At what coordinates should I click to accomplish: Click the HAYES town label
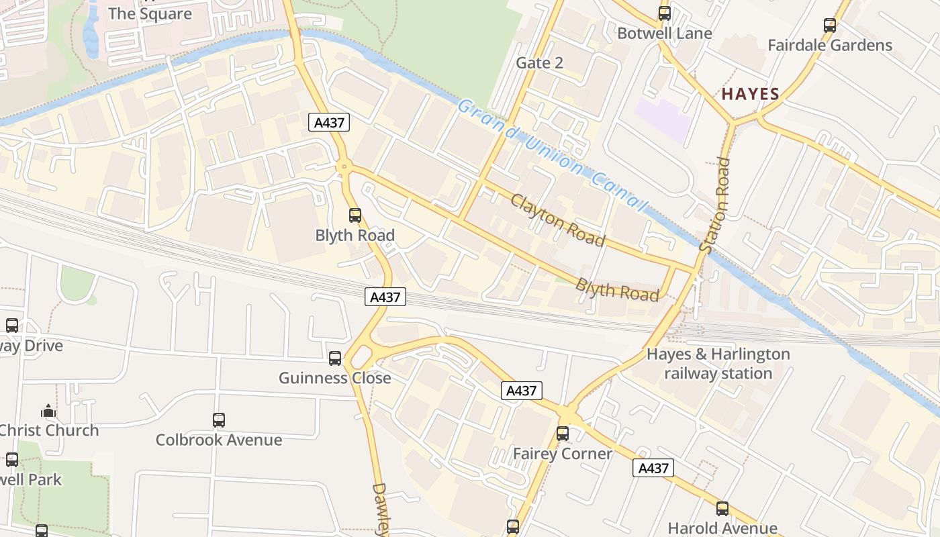point(750,94)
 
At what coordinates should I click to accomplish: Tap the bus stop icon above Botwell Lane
point(665,13)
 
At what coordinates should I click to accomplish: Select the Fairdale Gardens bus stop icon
point(830,26)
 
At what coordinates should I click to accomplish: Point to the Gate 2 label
point(539,63)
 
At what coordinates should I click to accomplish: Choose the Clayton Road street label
point(557,220)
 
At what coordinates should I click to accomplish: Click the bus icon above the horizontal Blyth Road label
point(355,215)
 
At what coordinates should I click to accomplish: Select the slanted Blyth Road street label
point(617,289)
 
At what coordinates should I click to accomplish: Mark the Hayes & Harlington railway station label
point(718,363)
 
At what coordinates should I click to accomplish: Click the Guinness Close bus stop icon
point(335,358)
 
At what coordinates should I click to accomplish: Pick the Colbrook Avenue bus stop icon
point(219,420)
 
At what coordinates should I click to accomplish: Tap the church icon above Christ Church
point(48,411)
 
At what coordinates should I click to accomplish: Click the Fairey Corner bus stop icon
point(563,434)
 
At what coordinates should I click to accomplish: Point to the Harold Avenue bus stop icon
point(722,509)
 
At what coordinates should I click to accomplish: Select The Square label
point(150,13)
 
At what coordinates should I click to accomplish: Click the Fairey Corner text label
point(563,454)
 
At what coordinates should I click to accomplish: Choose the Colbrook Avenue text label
point(219,440)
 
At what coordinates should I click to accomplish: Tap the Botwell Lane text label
point(665,33)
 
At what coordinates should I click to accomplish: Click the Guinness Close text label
point(335,378)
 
